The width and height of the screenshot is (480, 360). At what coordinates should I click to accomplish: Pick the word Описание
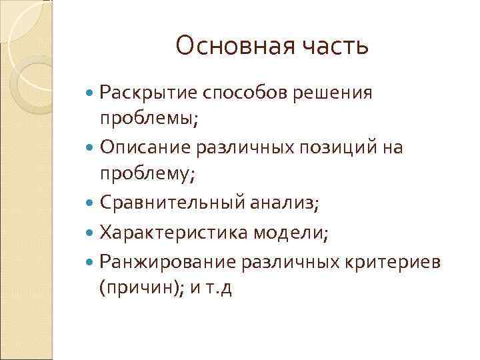click(140, 147)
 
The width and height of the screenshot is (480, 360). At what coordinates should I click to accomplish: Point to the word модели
click(296, 233)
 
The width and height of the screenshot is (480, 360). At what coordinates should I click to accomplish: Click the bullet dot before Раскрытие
click(91, 93)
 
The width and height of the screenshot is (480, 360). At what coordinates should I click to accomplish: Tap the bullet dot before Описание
click(91, 147)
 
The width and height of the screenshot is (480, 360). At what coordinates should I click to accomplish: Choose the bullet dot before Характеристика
click(91, 233)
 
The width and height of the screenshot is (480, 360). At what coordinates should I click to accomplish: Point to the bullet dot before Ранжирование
click(91, 261)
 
